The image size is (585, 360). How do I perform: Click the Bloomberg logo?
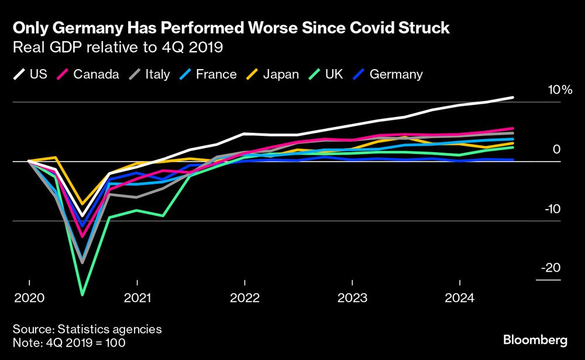(x=536, y=340)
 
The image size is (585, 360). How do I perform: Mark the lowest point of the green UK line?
(x=82, y=294)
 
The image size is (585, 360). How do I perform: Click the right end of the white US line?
(x=512, y=98)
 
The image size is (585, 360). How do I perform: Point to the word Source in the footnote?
(x=31, y=330)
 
